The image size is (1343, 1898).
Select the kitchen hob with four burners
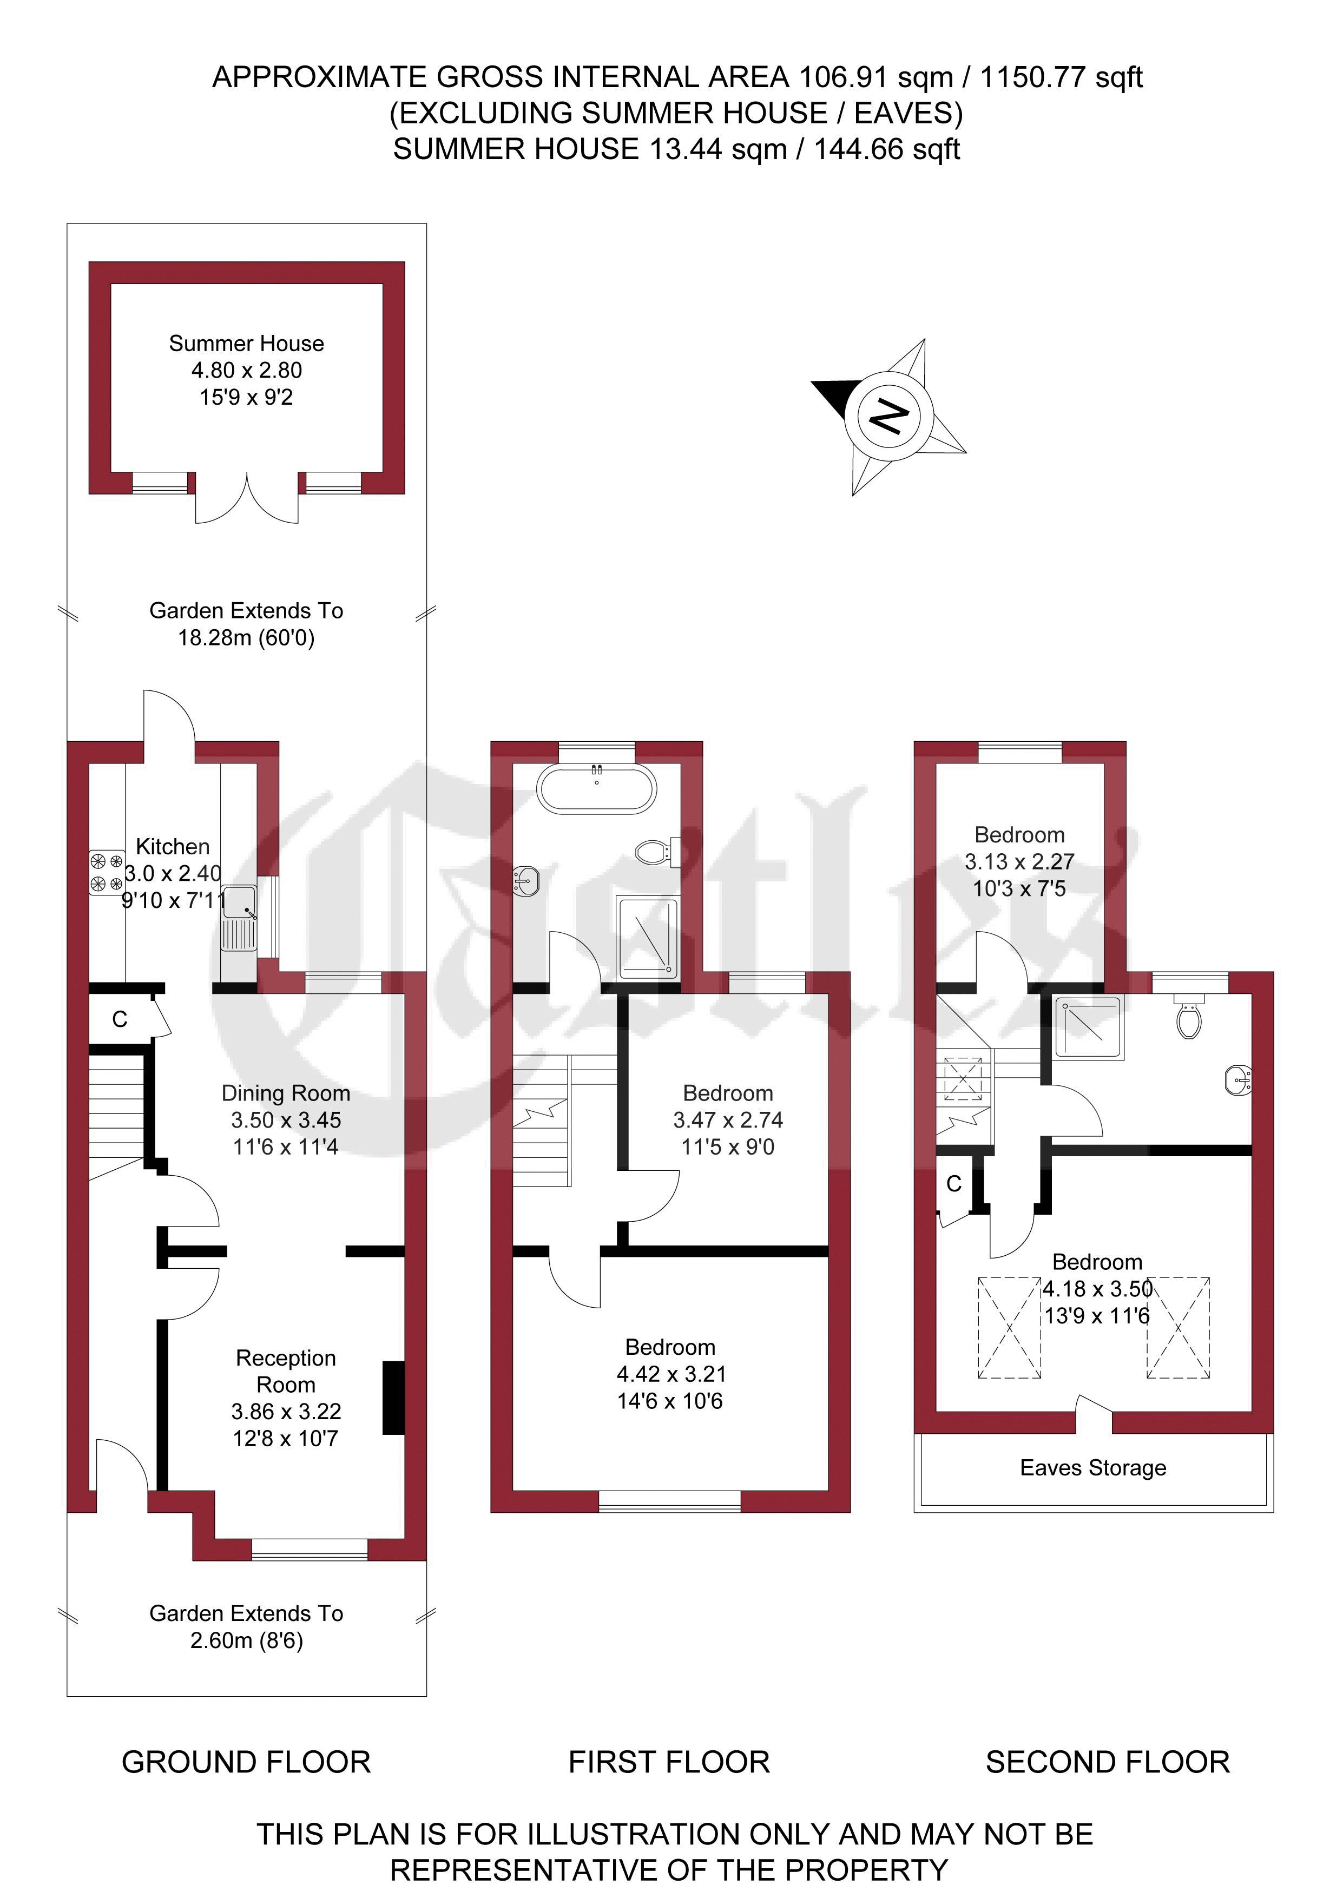107,873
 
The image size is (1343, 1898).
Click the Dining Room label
286,1093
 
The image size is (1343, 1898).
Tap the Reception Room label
286,1372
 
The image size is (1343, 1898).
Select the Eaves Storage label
1093,1467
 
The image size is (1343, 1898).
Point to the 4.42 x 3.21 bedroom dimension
672,1374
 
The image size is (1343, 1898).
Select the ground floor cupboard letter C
120,1019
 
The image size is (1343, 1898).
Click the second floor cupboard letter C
954,1184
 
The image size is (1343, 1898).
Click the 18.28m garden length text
246,637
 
